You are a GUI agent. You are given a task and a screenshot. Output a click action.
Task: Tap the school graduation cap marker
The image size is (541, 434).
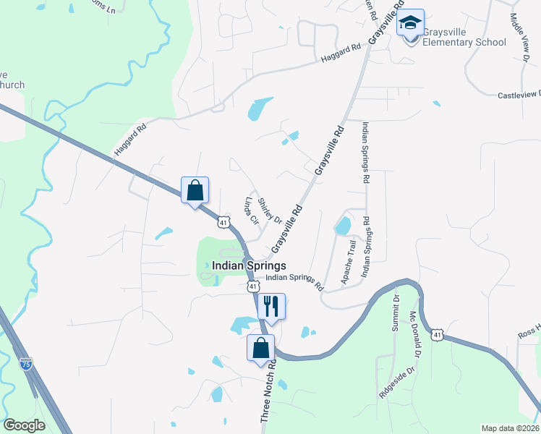point(410,23)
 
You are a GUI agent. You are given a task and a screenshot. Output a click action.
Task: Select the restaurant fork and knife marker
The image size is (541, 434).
point(271,307)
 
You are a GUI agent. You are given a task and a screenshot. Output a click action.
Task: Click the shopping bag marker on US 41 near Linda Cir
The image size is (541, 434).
point(195,191)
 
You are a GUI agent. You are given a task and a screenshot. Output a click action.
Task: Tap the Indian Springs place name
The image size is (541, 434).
point(249,266)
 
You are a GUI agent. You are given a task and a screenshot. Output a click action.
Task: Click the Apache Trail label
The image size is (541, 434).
point(349,263)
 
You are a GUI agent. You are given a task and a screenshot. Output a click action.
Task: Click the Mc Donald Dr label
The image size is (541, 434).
point(414,334)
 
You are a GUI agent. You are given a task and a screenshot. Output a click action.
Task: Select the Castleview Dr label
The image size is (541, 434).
point(519,95)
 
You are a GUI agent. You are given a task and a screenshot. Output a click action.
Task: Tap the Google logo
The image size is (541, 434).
point(24,425)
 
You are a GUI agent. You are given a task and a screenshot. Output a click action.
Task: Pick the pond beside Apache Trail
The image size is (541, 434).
point(343,226)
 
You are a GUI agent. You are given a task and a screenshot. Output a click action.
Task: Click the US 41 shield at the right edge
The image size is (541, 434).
point(436,335)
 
